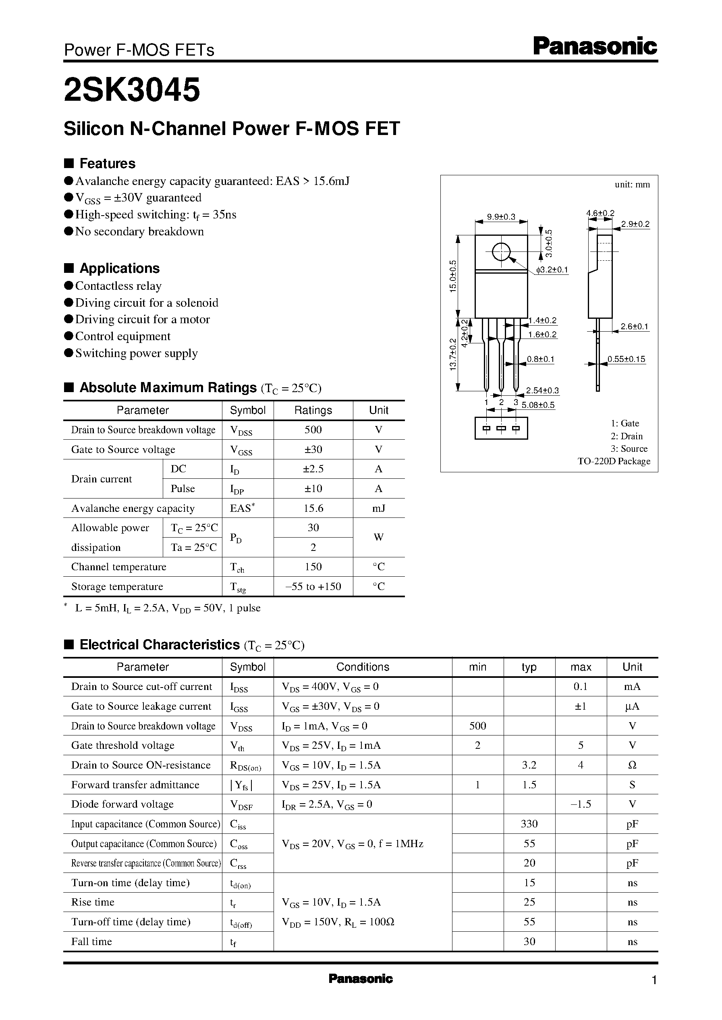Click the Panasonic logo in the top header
click(x=594, y=47)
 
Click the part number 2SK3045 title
click(x=132, y=90)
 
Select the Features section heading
click(x=107, y=164)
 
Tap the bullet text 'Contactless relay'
click(x=118, y=286)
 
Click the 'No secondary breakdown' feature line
click(x=139, y=232)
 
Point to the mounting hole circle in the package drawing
click(x=501, y=252)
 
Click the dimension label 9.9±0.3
click(x=501, y=217)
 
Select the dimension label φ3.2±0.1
click(x=552, y=270)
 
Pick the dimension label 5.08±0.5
click(x=538, y=405)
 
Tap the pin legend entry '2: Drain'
click(x=627, y=436)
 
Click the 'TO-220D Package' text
click(x=614, y=461)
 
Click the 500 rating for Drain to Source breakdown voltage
click(x=313, y=430)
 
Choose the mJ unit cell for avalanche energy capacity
click(x=378, y=508)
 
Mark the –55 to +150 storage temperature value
click(x=313, y=586)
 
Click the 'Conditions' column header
click(x=362, y=667)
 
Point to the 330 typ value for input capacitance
click(x=529, y=824)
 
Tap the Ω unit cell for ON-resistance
click(x=632, y=765)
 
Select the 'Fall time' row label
click(x=91, y=941)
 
